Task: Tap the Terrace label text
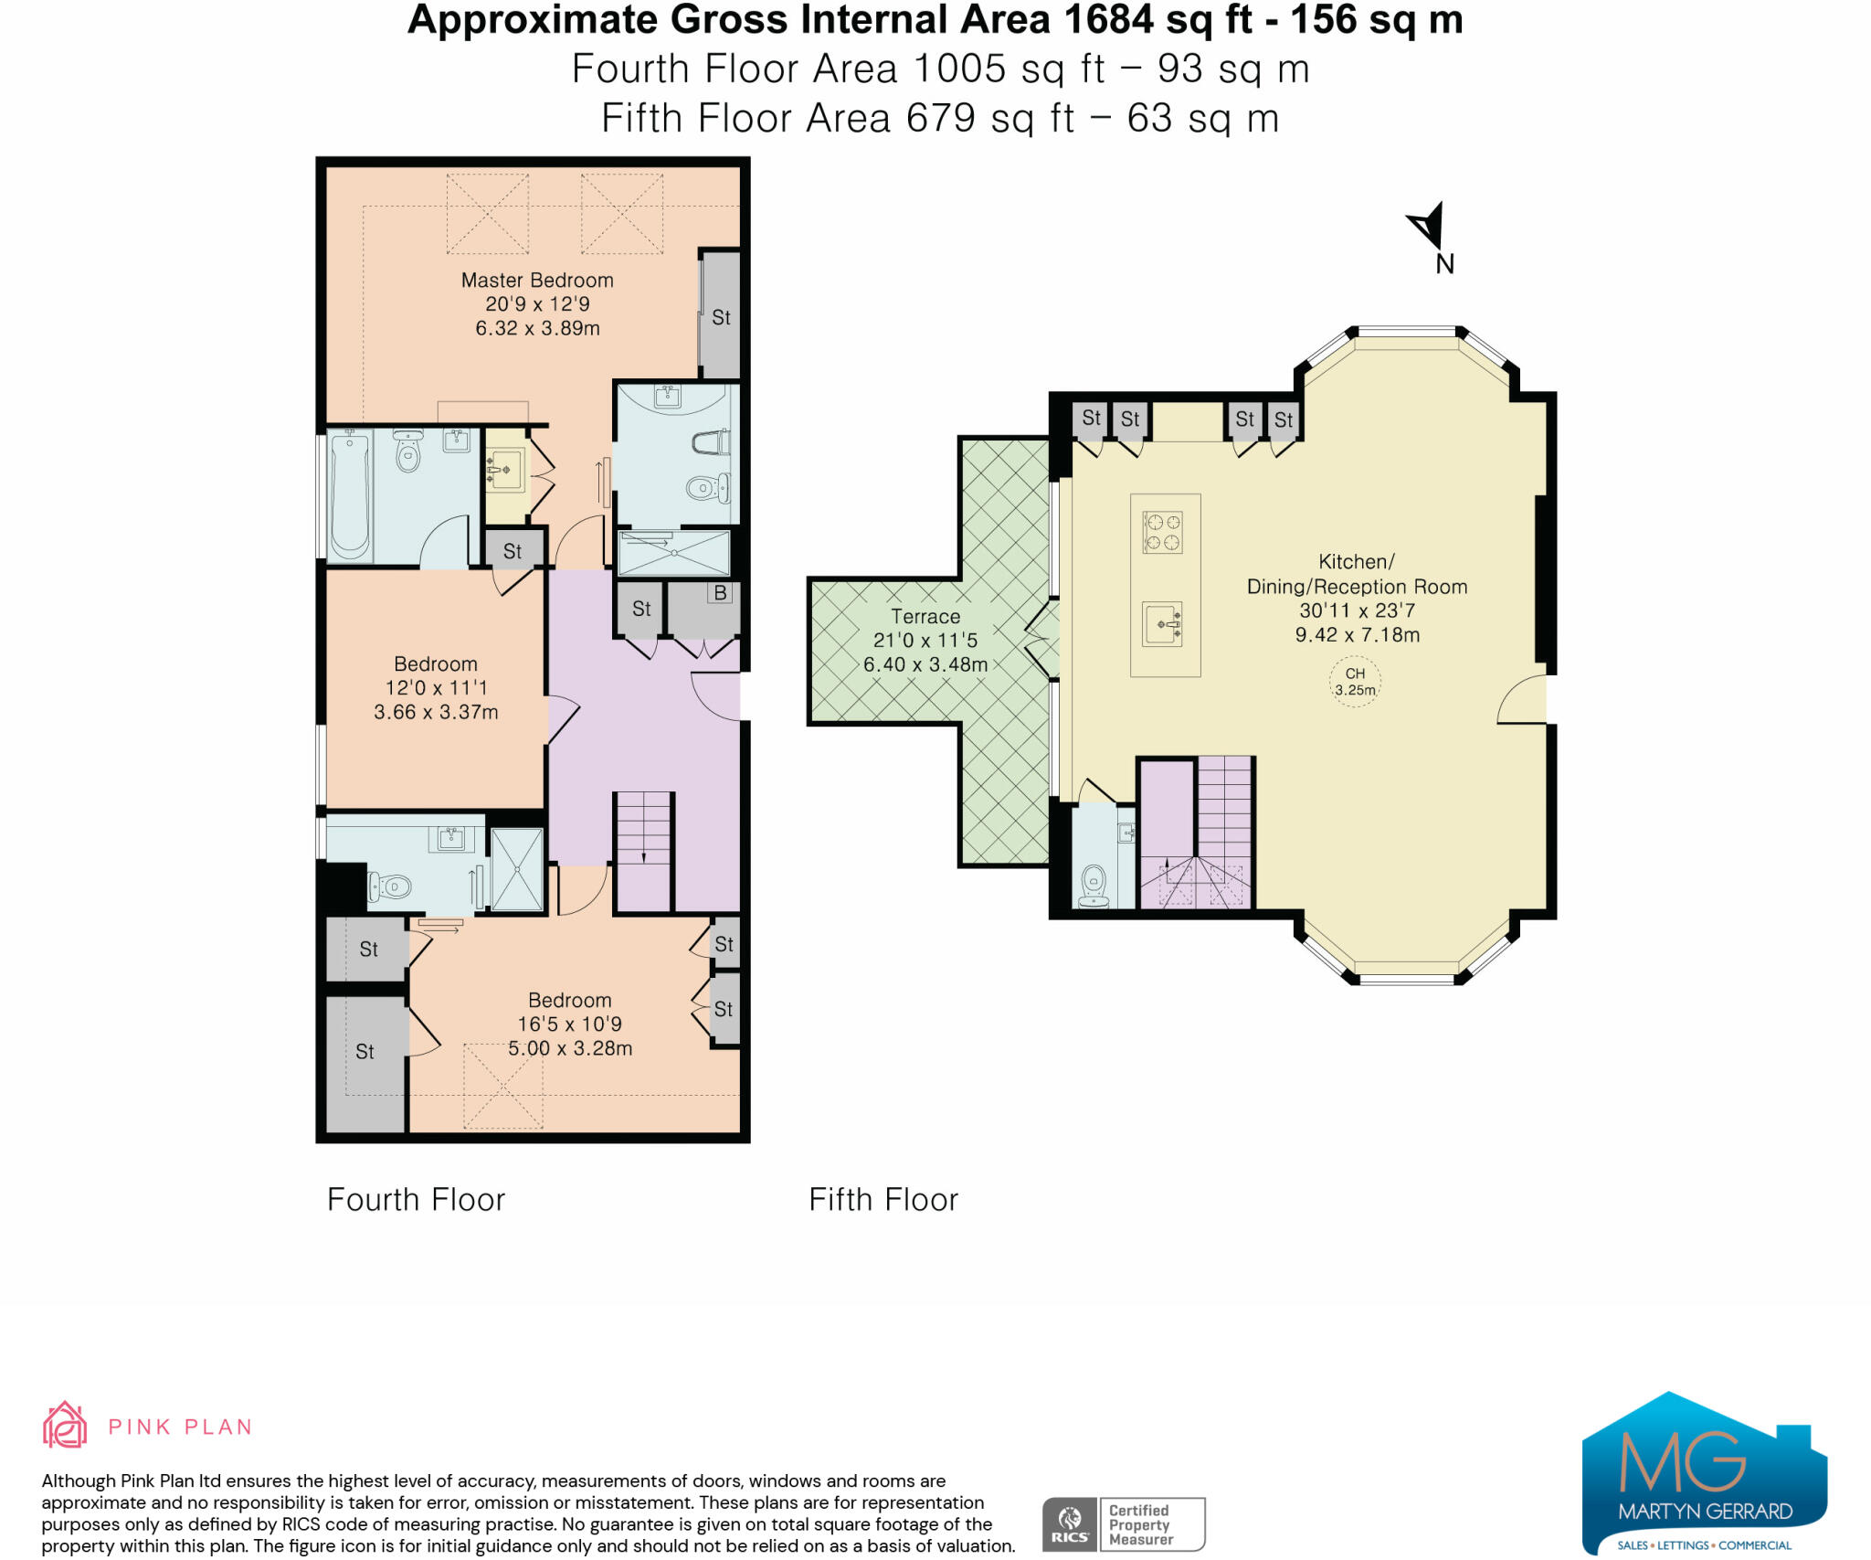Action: tap(925, 617)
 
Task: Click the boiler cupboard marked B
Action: tap(703, 609)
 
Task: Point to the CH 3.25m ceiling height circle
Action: tap(1355, 682)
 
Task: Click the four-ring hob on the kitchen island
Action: tap(1163, 533)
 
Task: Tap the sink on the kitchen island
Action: tap(1162, 624)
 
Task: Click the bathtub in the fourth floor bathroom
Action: tap(350, 496)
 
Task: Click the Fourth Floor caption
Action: tap(416, 1200)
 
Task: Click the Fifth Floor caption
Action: tap(883, 1200)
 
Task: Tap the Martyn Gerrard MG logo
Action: tap(1705, 1472)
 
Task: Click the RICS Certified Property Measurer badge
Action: tap(1124, 1524)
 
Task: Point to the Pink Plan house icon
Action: tap(65, 1425)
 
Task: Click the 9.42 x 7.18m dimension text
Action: tap(1358, 635)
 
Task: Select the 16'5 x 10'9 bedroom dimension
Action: tap(570, 1024)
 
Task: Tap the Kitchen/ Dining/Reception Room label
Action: tap(1358, 574)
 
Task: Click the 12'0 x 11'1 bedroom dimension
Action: tap(436, 688)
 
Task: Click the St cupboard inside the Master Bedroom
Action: tap(720, 315)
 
